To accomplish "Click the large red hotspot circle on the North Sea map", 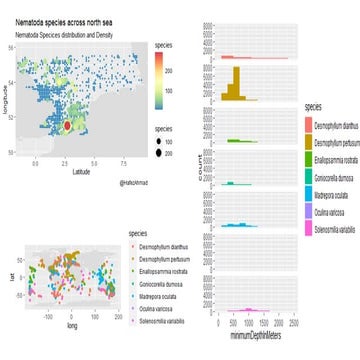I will click(x=67, y=128).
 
